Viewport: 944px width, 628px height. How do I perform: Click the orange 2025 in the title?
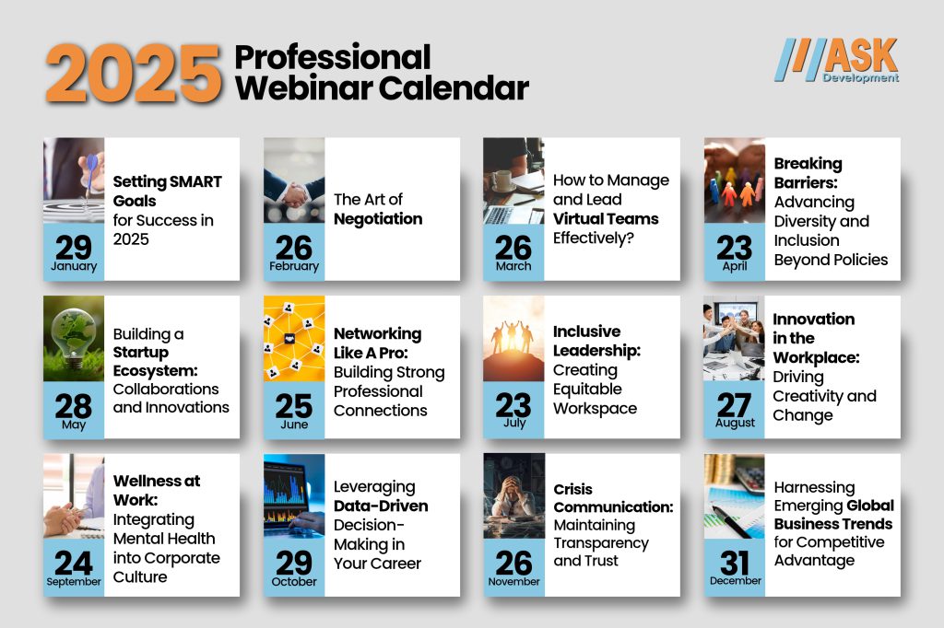click(x=135, y=73)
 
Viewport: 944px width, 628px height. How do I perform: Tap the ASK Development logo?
click(x=836, y=61)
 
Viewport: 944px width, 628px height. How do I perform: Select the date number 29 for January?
click(x=74, y=247)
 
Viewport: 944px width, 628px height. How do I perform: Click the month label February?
click(x=294, y=266)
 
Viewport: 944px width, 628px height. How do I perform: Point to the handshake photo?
click(x=294, y=180)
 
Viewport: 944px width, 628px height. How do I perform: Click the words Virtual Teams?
click(x=606, y=219)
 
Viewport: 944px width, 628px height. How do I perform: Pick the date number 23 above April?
click(x=734, y=247)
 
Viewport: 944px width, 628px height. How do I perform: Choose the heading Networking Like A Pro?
click(x=377, y=343)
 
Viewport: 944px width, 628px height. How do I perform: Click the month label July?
click(x=513, y=424)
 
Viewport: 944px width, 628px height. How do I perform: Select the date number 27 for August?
click(x=734, y=403)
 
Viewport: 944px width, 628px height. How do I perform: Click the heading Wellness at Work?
click(x=157, y=490)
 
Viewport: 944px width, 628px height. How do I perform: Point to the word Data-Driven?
click(x=381, y=506)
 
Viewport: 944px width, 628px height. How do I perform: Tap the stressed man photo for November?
click(x=513, y=495)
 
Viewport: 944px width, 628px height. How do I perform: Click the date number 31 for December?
click(x=734, y=562)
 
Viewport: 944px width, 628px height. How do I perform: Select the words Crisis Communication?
click(x=613, y=498)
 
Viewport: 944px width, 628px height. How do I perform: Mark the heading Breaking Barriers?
click(x=808, y=173)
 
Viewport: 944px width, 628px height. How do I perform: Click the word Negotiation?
click(x=378, y=219)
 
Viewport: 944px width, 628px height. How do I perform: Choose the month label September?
click(x=74, y=582)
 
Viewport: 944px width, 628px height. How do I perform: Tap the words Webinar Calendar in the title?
click(x=382, y=88)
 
